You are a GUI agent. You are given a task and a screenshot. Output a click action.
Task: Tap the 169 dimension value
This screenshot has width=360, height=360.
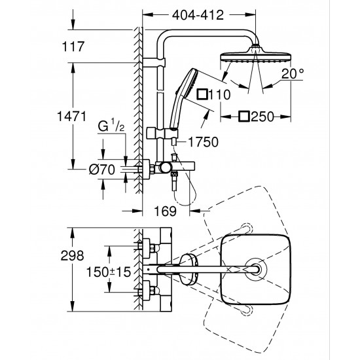click(170, 211)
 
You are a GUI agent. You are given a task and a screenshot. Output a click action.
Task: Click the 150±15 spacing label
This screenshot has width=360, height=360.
click(110, 270)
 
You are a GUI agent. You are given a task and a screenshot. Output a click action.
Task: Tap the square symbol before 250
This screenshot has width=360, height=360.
click(244, 117)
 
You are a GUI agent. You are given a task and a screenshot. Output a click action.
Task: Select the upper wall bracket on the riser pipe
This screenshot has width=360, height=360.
click(159, 63)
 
